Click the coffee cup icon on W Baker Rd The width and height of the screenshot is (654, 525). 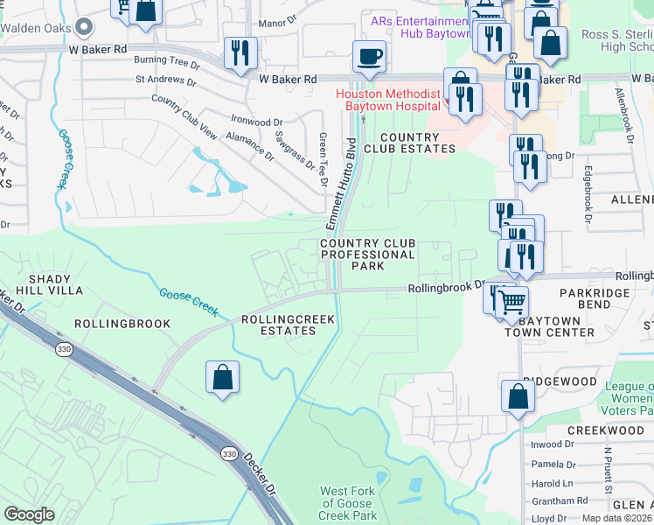point(368,57)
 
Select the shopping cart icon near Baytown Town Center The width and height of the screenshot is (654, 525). point(511,303)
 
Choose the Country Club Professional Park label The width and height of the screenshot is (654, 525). point(367,254)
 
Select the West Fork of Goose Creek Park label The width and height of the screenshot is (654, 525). point(347,504)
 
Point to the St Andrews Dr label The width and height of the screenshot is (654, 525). point(165,80)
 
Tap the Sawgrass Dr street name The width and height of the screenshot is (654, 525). point(294,150)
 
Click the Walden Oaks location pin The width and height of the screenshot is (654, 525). point(84,27)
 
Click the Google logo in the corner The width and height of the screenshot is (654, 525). point(30,514)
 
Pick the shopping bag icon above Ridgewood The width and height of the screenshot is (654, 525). point(518,395)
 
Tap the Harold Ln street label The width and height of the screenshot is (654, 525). point(551,483)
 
